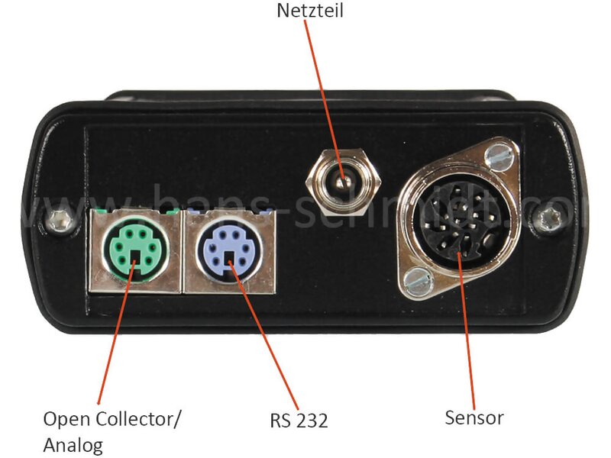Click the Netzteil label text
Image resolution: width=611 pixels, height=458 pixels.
point(310,11)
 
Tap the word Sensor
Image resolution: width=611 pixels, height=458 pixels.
point(474,418)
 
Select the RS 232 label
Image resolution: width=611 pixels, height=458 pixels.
point(299,421)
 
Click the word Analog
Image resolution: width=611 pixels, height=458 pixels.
point(73,445)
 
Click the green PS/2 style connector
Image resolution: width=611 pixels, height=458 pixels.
point(135,247)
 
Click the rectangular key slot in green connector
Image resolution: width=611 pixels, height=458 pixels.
point(136,256)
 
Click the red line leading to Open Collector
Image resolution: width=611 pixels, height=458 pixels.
point(116,332)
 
